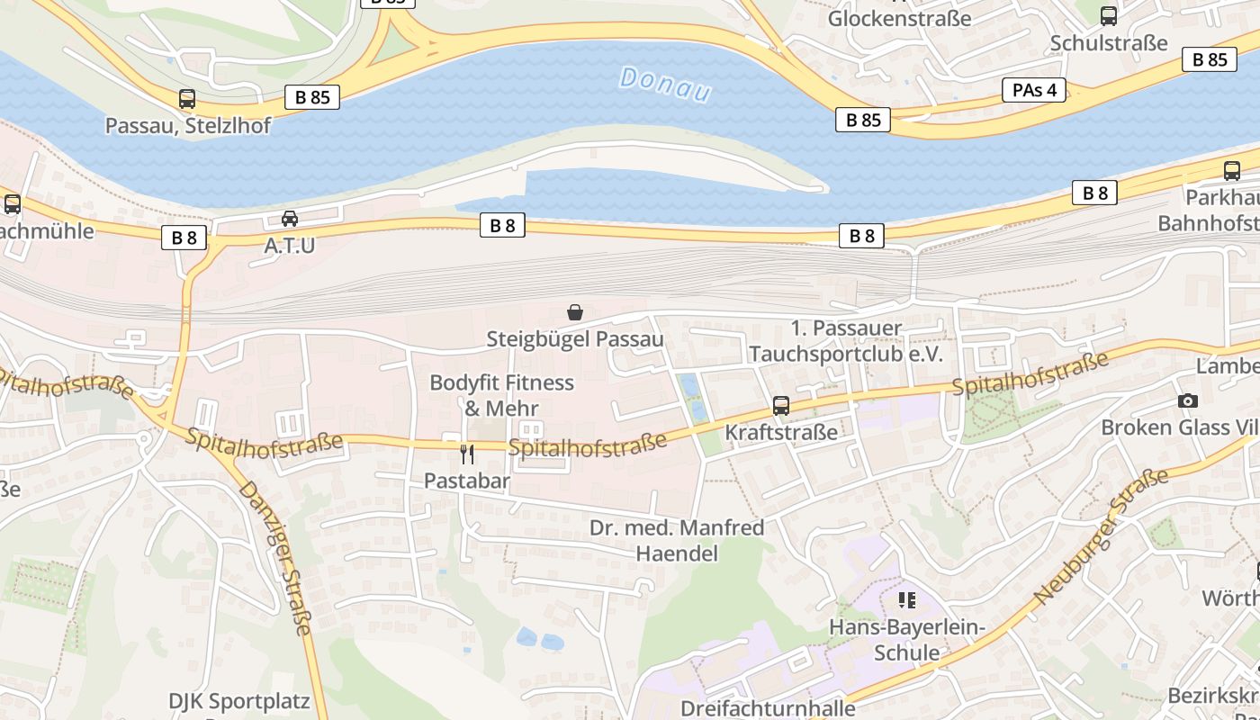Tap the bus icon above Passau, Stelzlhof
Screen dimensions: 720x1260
(187, 99)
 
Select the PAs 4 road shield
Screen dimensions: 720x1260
(1033, 90)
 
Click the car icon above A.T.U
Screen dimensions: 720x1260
(289, 219)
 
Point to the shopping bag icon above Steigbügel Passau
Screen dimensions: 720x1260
(575, 312)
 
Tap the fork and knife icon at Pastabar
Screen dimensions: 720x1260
(466, 454)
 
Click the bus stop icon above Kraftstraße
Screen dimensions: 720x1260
(781, 406)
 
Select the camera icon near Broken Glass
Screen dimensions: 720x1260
(1188, 401)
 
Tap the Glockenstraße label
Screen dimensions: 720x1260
(899, 18)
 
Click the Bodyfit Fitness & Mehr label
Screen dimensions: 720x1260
(501, 395)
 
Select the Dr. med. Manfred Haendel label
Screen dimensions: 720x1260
(677, 540)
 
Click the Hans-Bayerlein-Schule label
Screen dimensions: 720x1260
(907, 640)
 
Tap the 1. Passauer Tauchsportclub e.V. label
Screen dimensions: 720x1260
(845, 341)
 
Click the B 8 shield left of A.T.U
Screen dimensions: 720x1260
(184, 238)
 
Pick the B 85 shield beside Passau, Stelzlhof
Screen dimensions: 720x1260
(312, 97)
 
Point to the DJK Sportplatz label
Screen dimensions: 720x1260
(238, 700)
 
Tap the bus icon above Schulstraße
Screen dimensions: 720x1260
(1109, 16)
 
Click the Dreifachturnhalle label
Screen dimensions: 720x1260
(768, 707)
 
